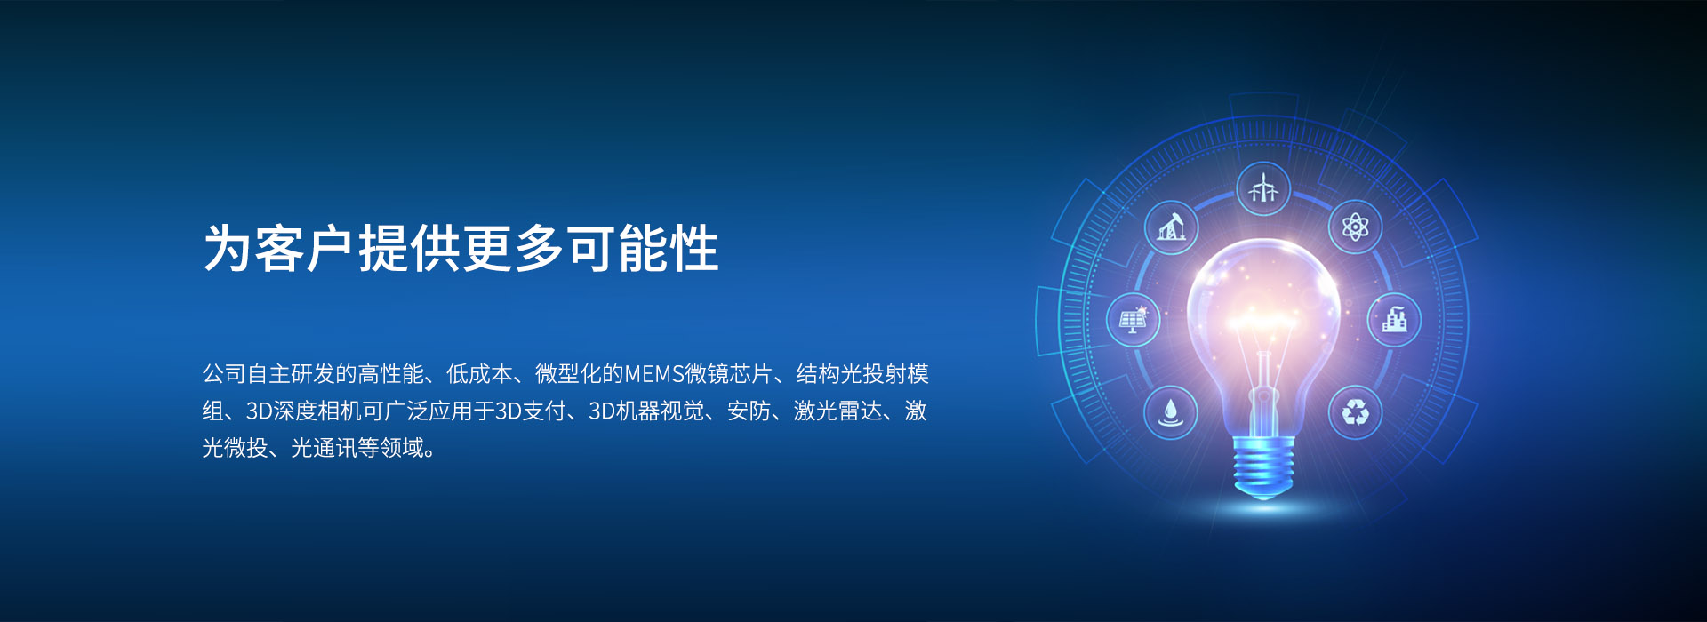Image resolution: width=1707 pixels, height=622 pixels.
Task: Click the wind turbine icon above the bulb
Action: point(1262,188)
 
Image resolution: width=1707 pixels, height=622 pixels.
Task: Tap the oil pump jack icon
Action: point(1172,227)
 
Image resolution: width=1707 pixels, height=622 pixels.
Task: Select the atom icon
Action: point(1355,227)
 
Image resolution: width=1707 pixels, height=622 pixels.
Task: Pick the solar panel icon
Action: point(1134,319)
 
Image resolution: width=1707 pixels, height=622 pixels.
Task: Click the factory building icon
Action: point(1394,319)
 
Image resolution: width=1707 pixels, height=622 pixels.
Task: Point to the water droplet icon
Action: point(1171,412)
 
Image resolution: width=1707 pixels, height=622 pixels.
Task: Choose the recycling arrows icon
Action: point(1356,412)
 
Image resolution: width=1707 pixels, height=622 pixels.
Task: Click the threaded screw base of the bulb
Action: point(1263,466)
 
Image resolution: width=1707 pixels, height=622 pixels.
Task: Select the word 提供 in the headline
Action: point(410,248)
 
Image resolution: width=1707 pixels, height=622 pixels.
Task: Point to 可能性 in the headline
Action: point(643,248)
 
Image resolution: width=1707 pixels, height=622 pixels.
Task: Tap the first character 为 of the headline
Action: point(228,248)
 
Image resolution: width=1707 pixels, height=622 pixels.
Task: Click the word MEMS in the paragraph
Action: point(654,374)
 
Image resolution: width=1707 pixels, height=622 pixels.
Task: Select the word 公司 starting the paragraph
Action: point(224,374)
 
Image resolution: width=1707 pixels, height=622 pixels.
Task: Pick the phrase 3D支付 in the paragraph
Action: point(530,411)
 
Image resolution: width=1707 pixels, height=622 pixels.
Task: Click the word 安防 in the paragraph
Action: point(749,411)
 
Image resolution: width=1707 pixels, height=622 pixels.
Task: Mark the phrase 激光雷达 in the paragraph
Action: point(837,411)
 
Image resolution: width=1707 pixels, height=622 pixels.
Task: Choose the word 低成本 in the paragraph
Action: point(480,374)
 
